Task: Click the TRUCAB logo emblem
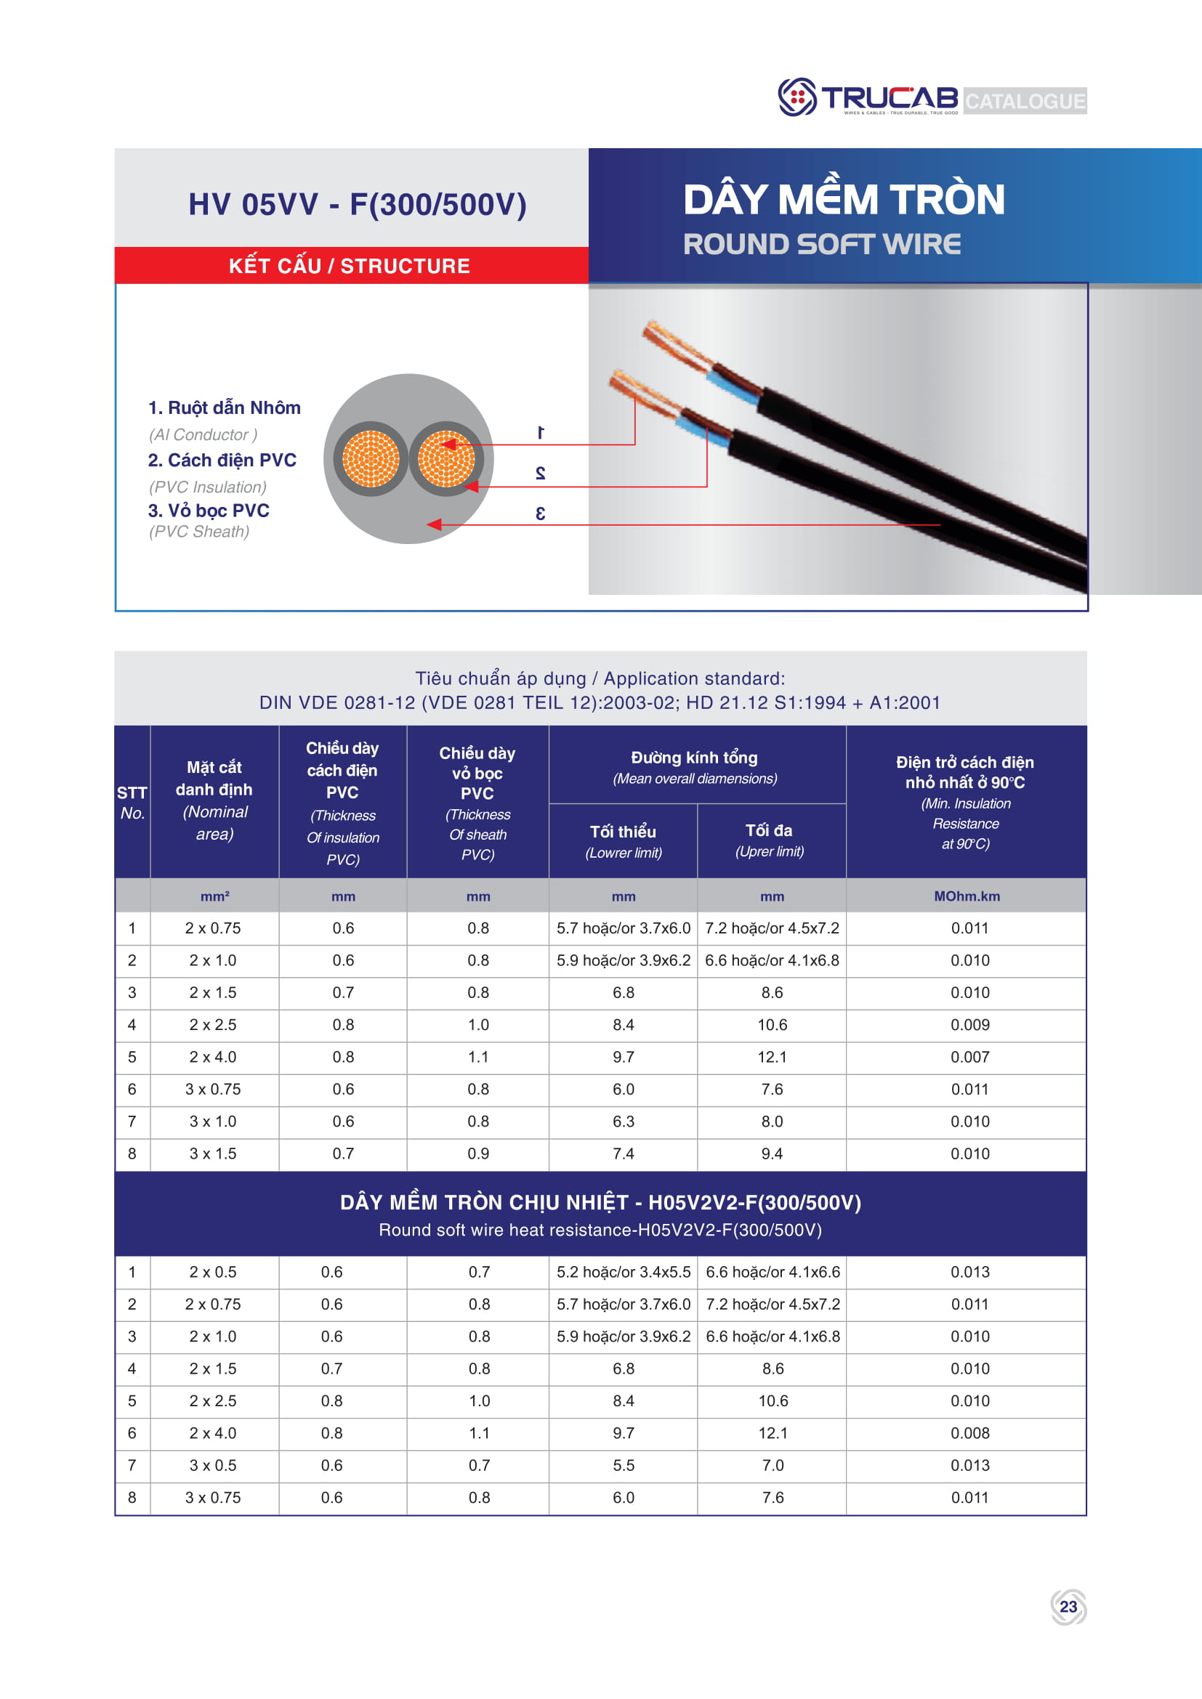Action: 796,97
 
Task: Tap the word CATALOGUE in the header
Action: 1025,101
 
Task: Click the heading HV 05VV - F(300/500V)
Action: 358,204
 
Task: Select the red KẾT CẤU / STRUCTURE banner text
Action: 350,266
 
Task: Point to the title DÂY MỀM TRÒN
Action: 844,200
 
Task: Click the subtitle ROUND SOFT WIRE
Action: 822,244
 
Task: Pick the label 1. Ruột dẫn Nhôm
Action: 225,407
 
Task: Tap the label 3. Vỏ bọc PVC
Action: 209,511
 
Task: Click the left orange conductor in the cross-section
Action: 371,459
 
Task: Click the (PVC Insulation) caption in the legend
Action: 208,487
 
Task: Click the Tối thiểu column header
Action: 624,832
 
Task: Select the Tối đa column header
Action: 769,830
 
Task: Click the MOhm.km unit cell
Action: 967,896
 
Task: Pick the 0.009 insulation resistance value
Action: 969,1025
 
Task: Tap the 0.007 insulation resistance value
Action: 969,1057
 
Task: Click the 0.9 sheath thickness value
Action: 478,1153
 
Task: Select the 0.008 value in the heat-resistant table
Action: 969,1433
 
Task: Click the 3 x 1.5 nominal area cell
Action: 213,1153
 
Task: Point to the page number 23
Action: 1068,1607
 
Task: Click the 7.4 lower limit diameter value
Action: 624,1153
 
